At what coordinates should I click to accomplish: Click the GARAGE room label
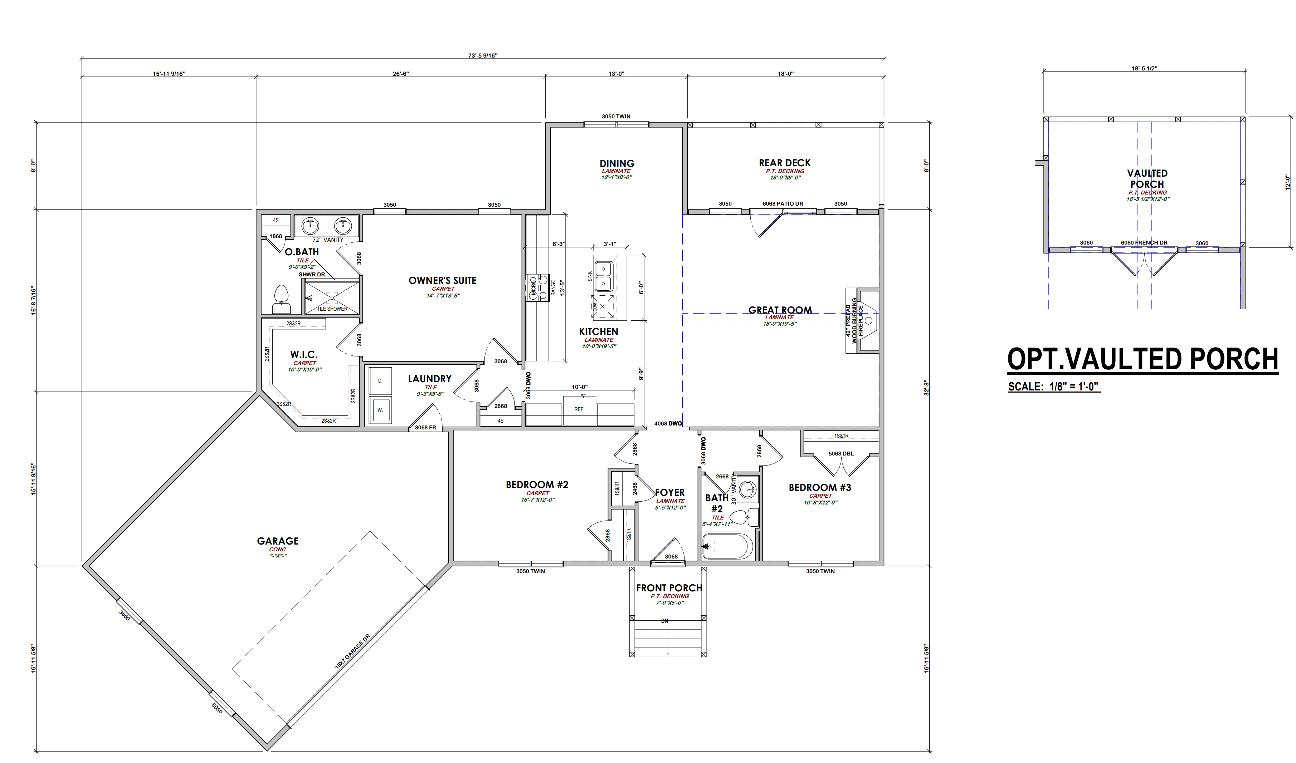coord(278,541)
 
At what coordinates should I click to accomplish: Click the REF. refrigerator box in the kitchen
coord(579,410)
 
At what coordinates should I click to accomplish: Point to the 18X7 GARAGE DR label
coord(352,651)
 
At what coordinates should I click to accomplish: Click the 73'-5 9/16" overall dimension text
coord(483,55)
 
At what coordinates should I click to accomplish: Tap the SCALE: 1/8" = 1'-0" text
coord(1054,387)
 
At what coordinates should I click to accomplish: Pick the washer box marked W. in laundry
coord(380,410)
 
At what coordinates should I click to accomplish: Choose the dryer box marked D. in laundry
coord(380,381)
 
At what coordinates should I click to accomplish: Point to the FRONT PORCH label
coord(669,588)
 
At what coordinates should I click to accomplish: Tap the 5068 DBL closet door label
coord(841,453)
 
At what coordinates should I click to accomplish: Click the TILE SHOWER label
coord(332,309)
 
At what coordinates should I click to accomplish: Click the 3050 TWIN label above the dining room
coord(616,117)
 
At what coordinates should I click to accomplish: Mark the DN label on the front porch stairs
coord(664,621)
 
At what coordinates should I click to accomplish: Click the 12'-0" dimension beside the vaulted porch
coord(1288,182)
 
